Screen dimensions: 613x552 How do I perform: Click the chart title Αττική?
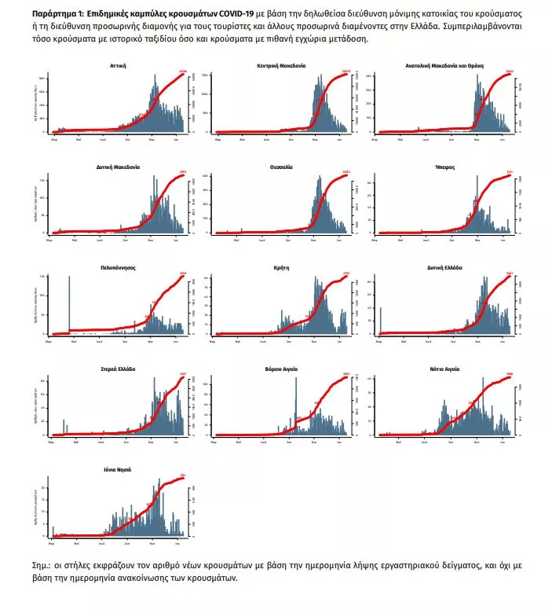point(119,66)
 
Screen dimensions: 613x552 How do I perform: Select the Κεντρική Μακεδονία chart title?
point(281,66)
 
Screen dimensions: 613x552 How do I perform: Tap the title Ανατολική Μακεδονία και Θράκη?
point(444,66)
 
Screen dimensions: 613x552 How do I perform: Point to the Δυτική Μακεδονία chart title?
point(119,167)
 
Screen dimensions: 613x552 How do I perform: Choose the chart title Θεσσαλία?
point(281,167)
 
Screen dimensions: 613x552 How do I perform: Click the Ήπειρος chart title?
point(444,167)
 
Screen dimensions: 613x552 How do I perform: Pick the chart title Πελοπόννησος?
point(119,267)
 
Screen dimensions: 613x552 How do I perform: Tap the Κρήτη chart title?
point(281,267)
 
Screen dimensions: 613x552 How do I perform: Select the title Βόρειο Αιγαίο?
point(281,369)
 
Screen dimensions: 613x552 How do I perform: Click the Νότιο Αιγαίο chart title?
point(444,369)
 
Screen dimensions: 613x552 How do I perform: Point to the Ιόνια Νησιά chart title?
point(119,469)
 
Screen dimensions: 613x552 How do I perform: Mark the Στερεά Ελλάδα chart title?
point(119,369)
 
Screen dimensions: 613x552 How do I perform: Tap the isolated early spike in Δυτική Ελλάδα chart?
point(381,320)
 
